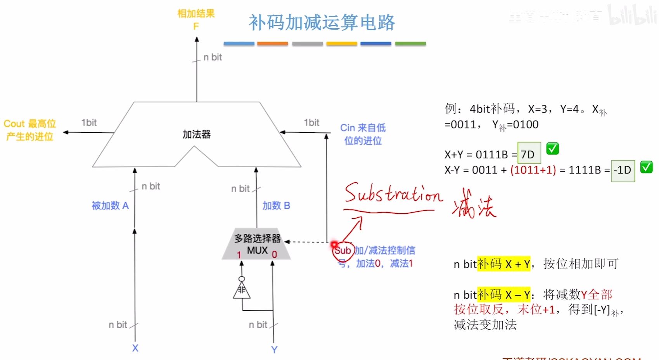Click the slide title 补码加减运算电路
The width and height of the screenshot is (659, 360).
[322, 22]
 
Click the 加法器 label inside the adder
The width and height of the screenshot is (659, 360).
[197, 135]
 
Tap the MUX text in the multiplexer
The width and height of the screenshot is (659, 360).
[257, 251]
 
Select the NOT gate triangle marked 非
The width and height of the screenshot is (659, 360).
[242, 290]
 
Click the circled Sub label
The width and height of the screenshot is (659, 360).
[342, 251]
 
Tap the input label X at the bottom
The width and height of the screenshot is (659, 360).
[135, 348]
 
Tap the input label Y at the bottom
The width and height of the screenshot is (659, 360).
[274, 350]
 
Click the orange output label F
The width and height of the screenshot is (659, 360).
[196, 26]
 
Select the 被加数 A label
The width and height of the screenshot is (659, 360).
[110, 206]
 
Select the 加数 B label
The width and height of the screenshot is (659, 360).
[276, 206]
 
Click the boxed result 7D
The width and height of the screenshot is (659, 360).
[529, 154]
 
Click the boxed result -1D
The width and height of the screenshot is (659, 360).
[623, 170]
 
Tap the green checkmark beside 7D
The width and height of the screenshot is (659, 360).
[552, 149]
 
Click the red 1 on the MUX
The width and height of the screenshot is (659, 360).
[239, 255]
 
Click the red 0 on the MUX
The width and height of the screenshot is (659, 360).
[274, 254]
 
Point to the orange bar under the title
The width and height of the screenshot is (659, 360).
[272, 44]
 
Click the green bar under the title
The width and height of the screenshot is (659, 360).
[410, 44]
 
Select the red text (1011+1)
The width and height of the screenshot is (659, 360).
[533, 170]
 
